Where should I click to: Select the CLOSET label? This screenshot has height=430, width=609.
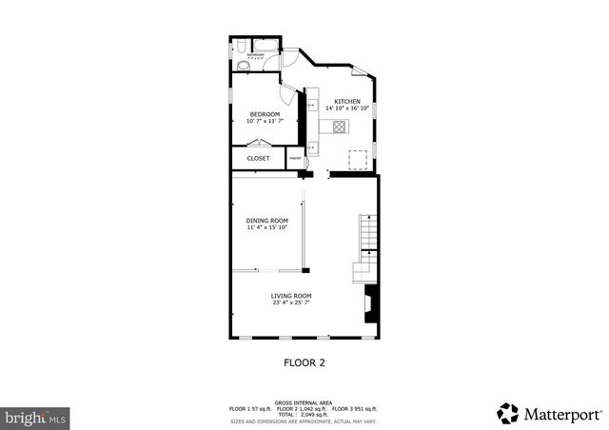point(258,158)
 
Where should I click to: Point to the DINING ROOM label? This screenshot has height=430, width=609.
point(267,221)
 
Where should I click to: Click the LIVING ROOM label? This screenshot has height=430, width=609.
point(292,296)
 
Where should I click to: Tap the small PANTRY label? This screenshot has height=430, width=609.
point(295,159)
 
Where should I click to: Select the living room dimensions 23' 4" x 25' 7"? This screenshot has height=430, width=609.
point(292,303)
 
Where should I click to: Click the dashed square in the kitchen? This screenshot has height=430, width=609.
point(358,158)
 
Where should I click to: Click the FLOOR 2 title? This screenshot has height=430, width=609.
point(304,362)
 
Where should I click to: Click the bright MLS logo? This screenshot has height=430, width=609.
point(35,417)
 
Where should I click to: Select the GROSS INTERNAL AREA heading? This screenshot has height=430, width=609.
point(304,401)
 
